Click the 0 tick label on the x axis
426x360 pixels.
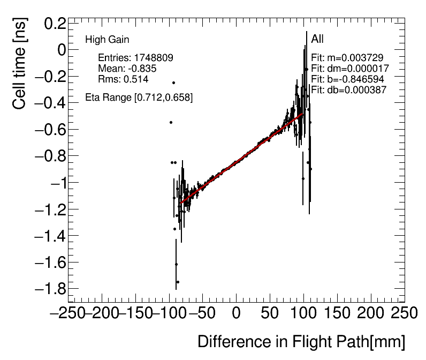[236, 313]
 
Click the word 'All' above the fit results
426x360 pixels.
[317, 39]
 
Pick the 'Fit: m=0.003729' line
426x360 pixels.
[347, 58]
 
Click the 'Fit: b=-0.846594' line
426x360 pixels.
[347, 79]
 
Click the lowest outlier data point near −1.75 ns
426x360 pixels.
[178, 282]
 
